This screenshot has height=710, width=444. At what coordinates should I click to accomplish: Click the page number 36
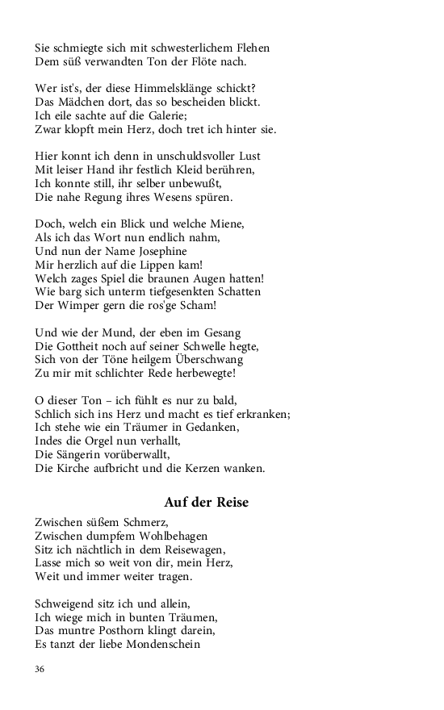40,669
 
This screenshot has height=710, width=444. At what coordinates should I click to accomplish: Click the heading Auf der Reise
207,502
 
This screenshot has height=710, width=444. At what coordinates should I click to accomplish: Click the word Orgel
103,441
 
